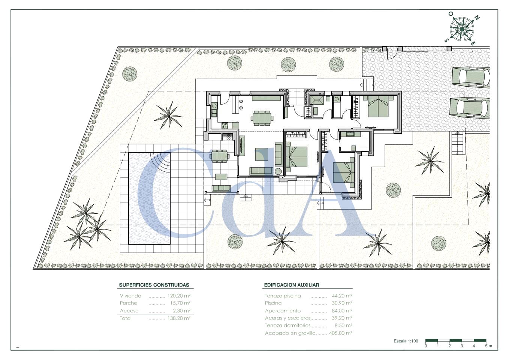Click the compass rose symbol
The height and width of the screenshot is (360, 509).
point(462,29)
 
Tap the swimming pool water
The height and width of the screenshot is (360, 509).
point(149,198)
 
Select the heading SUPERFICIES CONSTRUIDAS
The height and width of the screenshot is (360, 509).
point(154,285)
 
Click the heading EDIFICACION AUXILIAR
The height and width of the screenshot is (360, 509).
point(292,285)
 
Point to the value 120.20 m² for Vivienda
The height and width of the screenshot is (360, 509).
point(179,295)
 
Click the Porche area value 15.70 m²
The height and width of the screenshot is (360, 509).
point(180,303)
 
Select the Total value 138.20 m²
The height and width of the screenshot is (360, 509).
point(179,318)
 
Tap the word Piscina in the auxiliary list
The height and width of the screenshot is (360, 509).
point(273,303)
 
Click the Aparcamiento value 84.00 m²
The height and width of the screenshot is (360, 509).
point(342,310)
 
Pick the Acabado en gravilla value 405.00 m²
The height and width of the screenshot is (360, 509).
point(341,333)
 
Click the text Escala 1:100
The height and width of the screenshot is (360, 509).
point(406,341)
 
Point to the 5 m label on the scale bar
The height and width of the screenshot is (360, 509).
point(488,346)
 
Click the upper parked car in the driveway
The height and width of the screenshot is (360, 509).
point(470,77)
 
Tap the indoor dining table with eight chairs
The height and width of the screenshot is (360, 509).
point(262,118)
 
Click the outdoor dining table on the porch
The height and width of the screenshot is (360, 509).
point(219,156)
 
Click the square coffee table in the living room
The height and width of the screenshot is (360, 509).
point(262,154)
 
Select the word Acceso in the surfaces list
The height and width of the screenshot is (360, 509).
point(129,310)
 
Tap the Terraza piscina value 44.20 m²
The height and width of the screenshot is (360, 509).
point(342,295)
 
